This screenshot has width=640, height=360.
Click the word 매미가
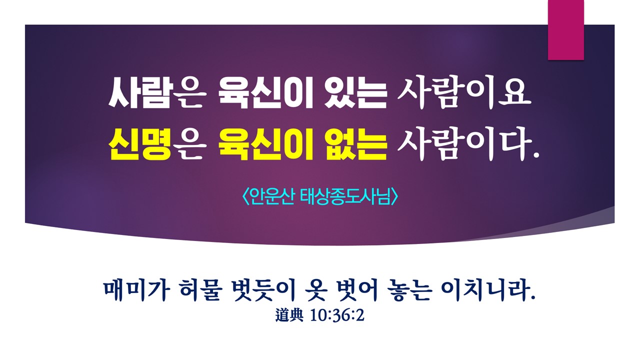pos(137,291)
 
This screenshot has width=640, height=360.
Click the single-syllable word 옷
pos(315,291)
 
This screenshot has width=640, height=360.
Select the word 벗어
pos(356,291)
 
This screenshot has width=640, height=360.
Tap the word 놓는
pos(409,291)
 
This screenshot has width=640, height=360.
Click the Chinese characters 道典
pos(289,315)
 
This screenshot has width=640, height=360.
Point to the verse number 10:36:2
pos(337,315)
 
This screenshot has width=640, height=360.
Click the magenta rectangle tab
pos(565,30)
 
